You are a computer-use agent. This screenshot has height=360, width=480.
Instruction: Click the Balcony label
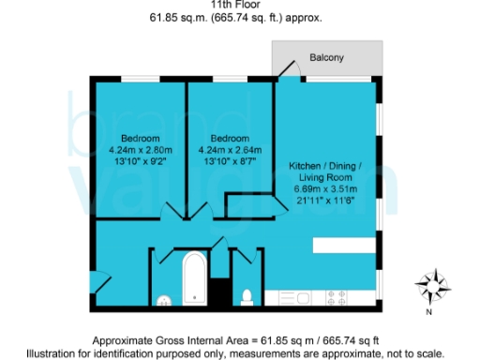click(x=327, y=58)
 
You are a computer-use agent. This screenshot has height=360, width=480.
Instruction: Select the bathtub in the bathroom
click(x=195, y=279)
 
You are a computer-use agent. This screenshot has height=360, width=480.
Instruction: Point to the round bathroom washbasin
click(x=164, y=300)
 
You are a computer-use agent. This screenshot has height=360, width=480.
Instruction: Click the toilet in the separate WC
click(x=247, y=297)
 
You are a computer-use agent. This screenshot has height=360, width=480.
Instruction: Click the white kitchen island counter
click(x=346, y=244)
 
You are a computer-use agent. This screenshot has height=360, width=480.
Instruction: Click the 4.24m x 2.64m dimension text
click(x=231, y=148)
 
